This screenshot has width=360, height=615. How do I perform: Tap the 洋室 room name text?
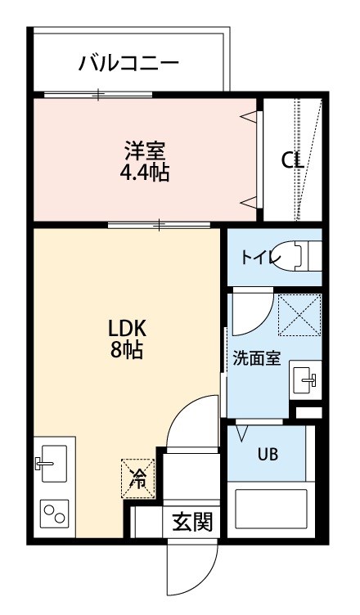145,150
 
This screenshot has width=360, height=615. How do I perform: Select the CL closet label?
292,160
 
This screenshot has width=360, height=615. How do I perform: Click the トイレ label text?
260,257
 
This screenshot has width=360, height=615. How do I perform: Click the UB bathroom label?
268,455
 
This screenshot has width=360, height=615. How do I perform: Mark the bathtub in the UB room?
271,512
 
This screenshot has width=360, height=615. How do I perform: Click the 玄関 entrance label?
192,521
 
